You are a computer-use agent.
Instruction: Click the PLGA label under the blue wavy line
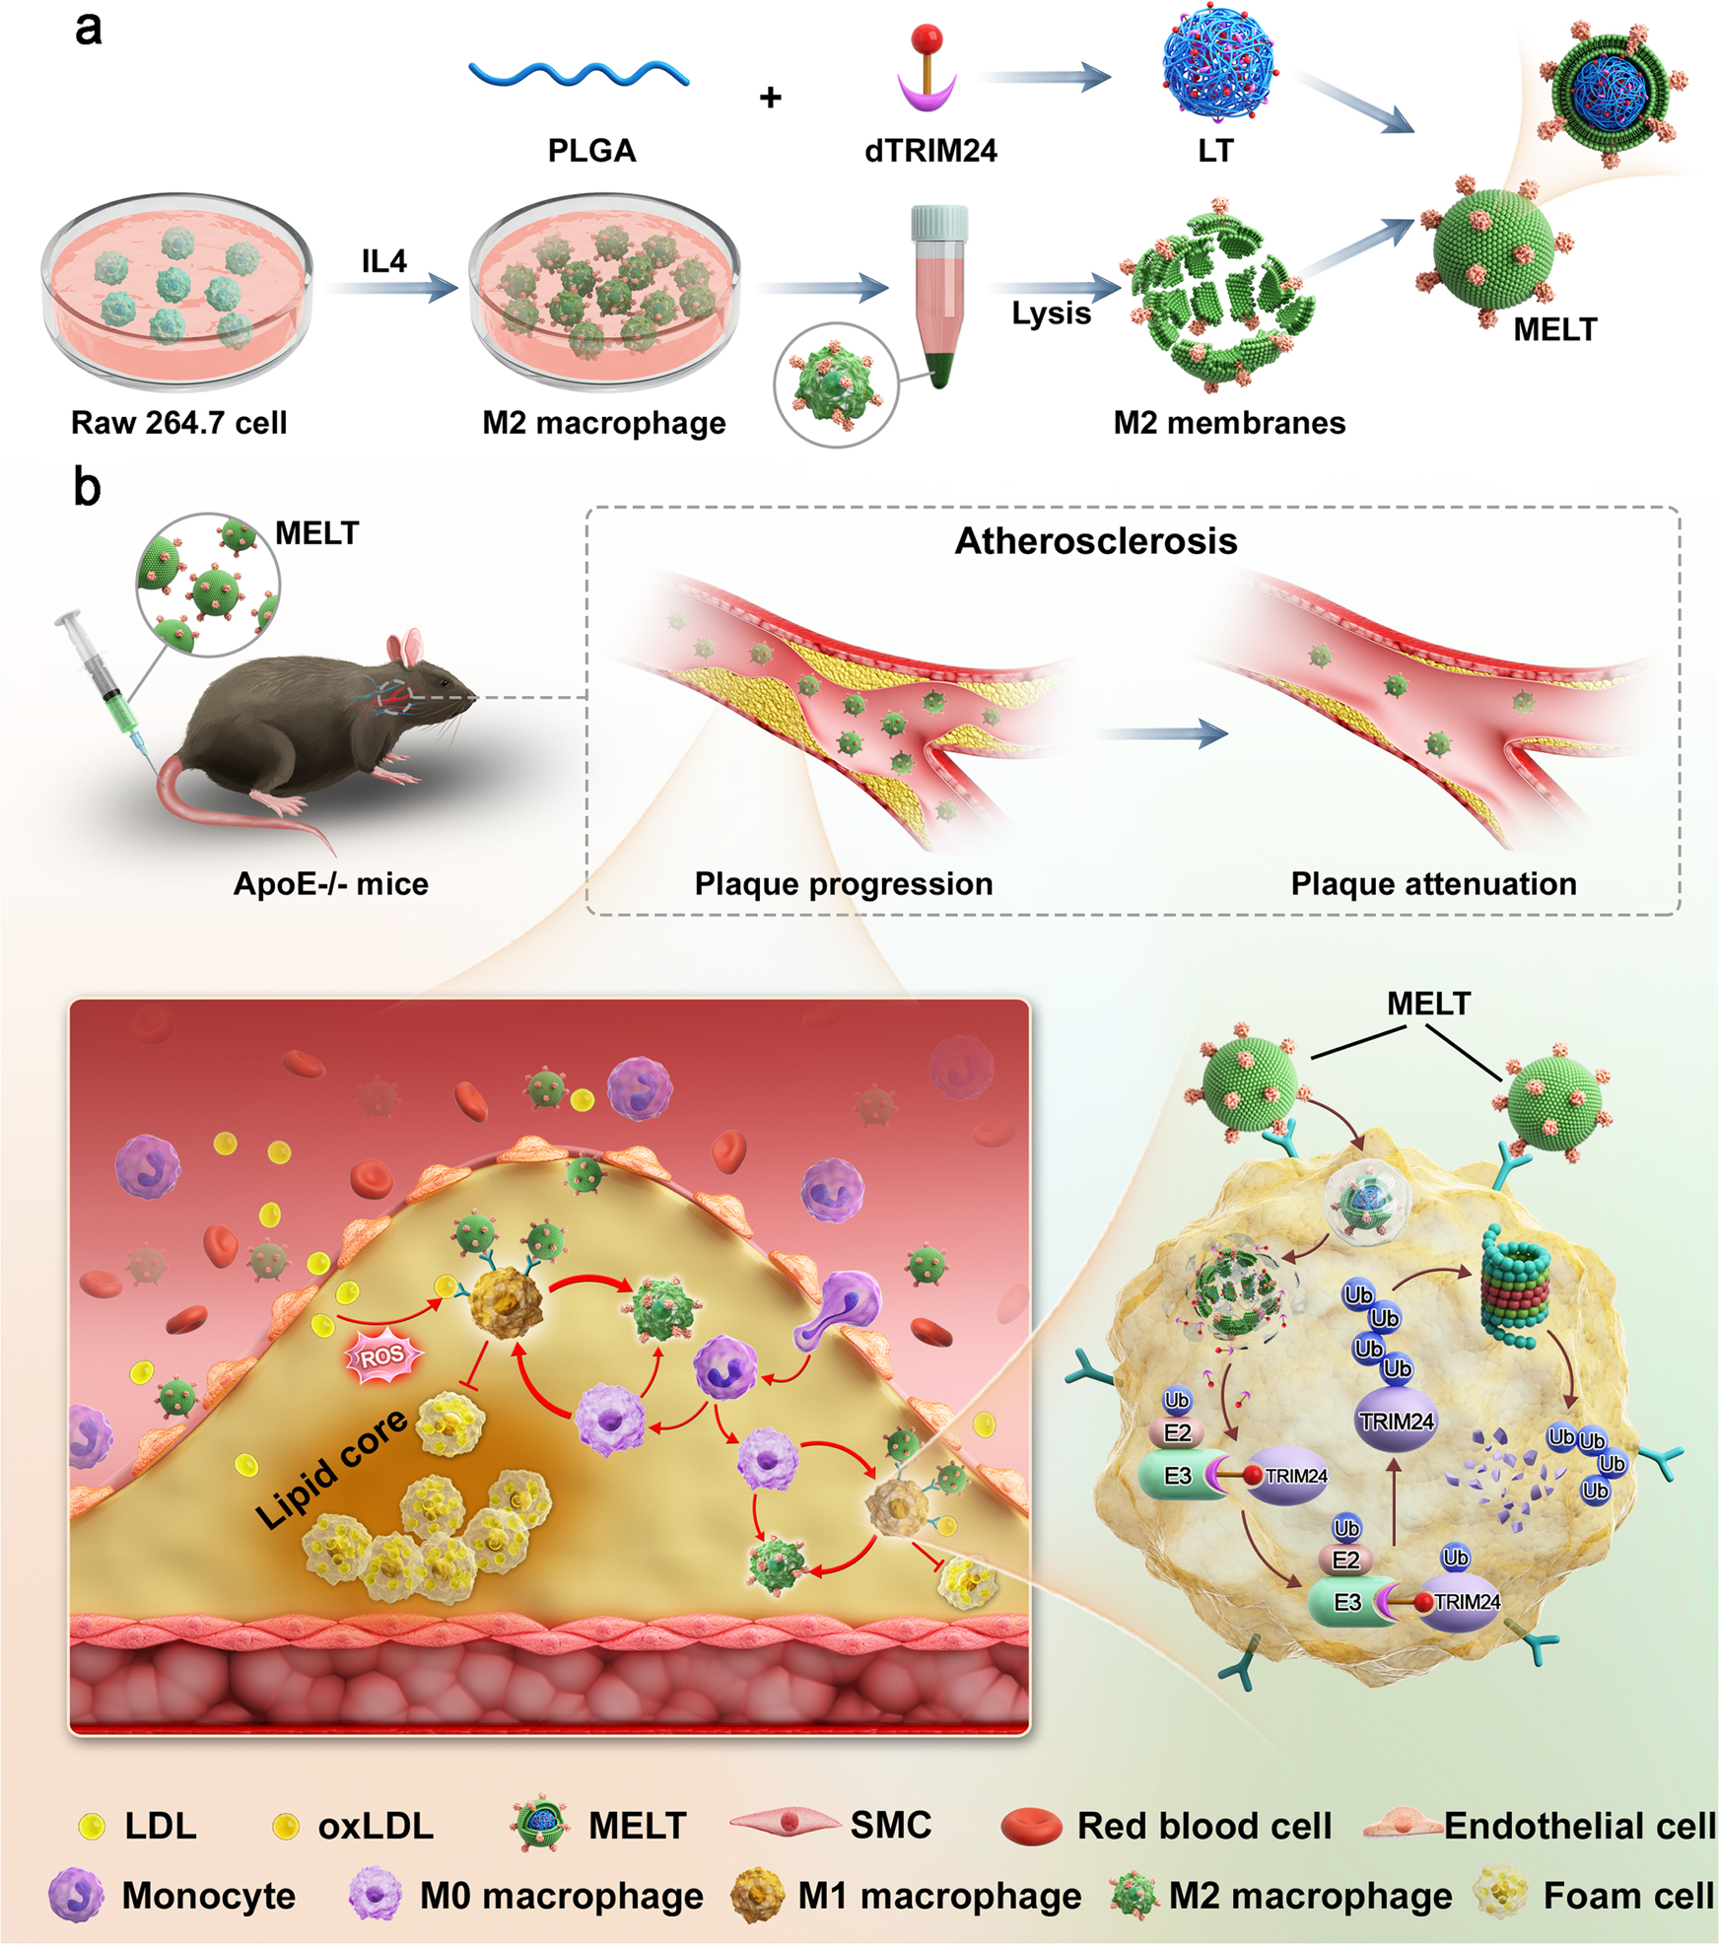click(591, 151)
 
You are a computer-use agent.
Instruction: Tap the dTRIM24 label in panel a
click(930, 151)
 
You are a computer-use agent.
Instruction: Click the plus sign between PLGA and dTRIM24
click(771, 98)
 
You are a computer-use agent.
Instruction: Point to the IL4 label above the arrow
click(383, 261)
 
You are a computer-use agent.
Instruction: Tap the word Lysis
click(1051, 313)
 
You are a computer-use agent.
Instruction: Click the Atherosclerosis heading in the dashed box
click(1095, 541)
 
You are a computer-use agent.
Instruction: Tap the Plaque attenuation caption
click(1433, 883)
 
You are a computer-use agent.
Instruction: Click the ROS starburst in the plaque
click(381, 1357)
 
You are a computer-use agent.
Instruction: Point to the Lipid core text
click(331, 1468)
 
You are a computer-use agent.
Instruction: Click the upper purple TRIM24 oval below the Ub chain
click(1397, 1422)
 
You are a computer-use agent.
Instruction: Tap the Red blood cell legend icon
click(1031, 1827)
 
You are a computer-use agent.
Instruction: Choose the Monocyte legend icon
click(76, 1895)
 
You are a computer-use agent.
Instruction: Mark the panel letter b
click(87, 487)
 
